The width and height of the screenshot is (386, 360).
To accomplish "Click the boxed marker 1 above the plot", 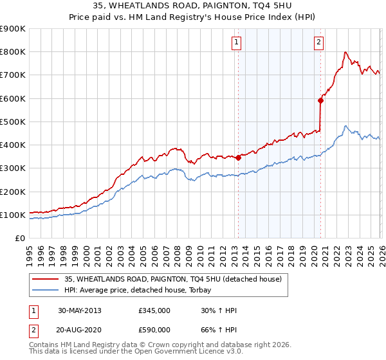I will tap(237, 43).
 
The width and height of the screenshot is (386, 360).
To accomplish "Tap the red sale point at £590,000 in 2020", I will tap(320, 100).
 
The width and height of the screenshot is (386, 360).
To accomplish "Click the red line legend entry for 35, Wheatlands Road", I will tap(173, 279).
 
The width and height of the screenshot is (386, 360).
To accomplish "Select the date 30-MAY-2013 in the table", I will tap(80, 310).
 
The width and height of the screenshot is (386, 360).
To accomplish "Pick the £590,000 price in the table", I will tap(154, 330).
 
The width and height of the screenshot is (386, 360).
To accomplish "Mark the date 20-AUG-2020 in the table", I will tap(80, 330).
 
